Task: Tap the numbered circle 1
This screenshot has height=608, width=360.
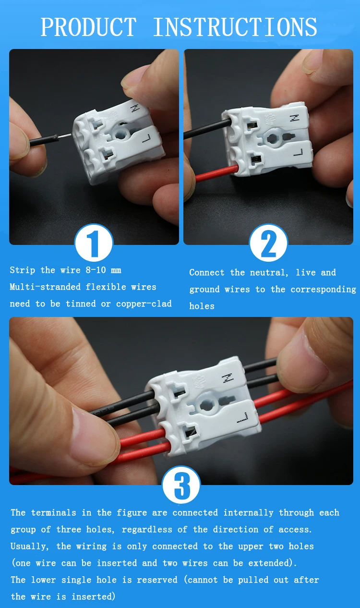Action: click(x=94, y=243)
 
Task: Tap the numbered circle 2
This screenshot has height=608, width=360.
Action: click(x=269, y=243)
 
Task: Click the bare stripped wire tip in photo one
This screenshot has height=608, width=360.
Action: click(x=65, y=136)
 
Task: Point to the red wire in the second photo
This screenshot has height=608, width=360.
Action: click(x=216, y=173)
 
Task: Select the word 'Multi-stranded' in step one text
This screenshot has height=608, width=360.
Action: click(x=45, y=287)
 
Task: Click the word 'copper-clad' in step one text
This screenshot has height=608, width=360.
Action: click(x=144, y=304)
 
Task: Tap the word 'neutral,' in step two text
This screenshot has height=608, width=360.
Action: click(x=269, y=272)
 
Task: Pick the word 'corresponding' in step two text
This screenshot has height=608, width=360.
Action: click(x=323, y=289)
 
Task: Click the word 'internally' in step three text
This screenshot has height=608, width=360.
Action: click(x=248, y=512)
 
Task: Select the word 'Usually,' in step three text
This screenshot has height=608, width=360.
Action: click(x=30, y=546)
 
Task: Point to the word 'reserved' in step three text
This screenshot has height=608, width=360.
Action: click(x=157, y=580)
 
